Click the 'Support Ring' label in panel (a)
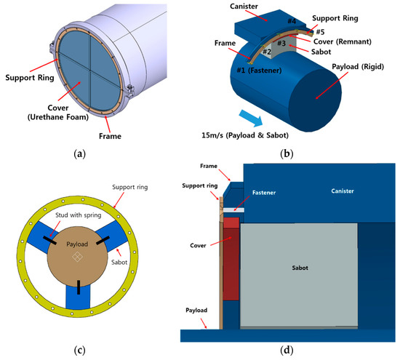click(x=27, y=76)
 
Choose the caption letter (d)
click(x=289, y=350)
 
